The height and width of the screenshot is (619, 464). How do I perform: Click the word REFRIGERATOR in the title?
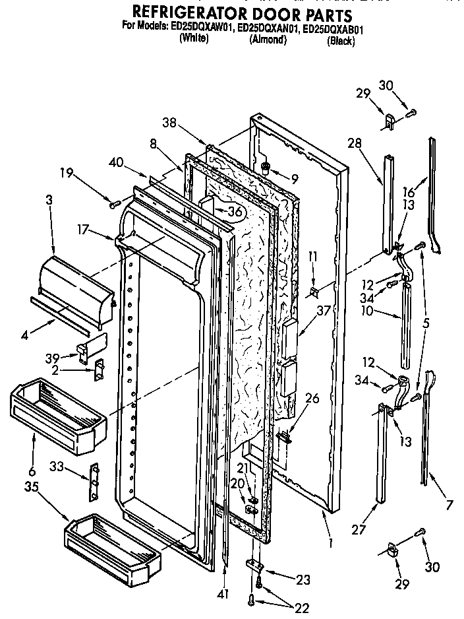pos(197,13)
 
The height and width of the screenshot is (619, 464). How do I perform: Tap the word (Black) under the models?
pos(341,42)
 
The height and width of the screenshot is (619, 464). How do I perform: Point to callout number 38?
pos(169,121)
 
